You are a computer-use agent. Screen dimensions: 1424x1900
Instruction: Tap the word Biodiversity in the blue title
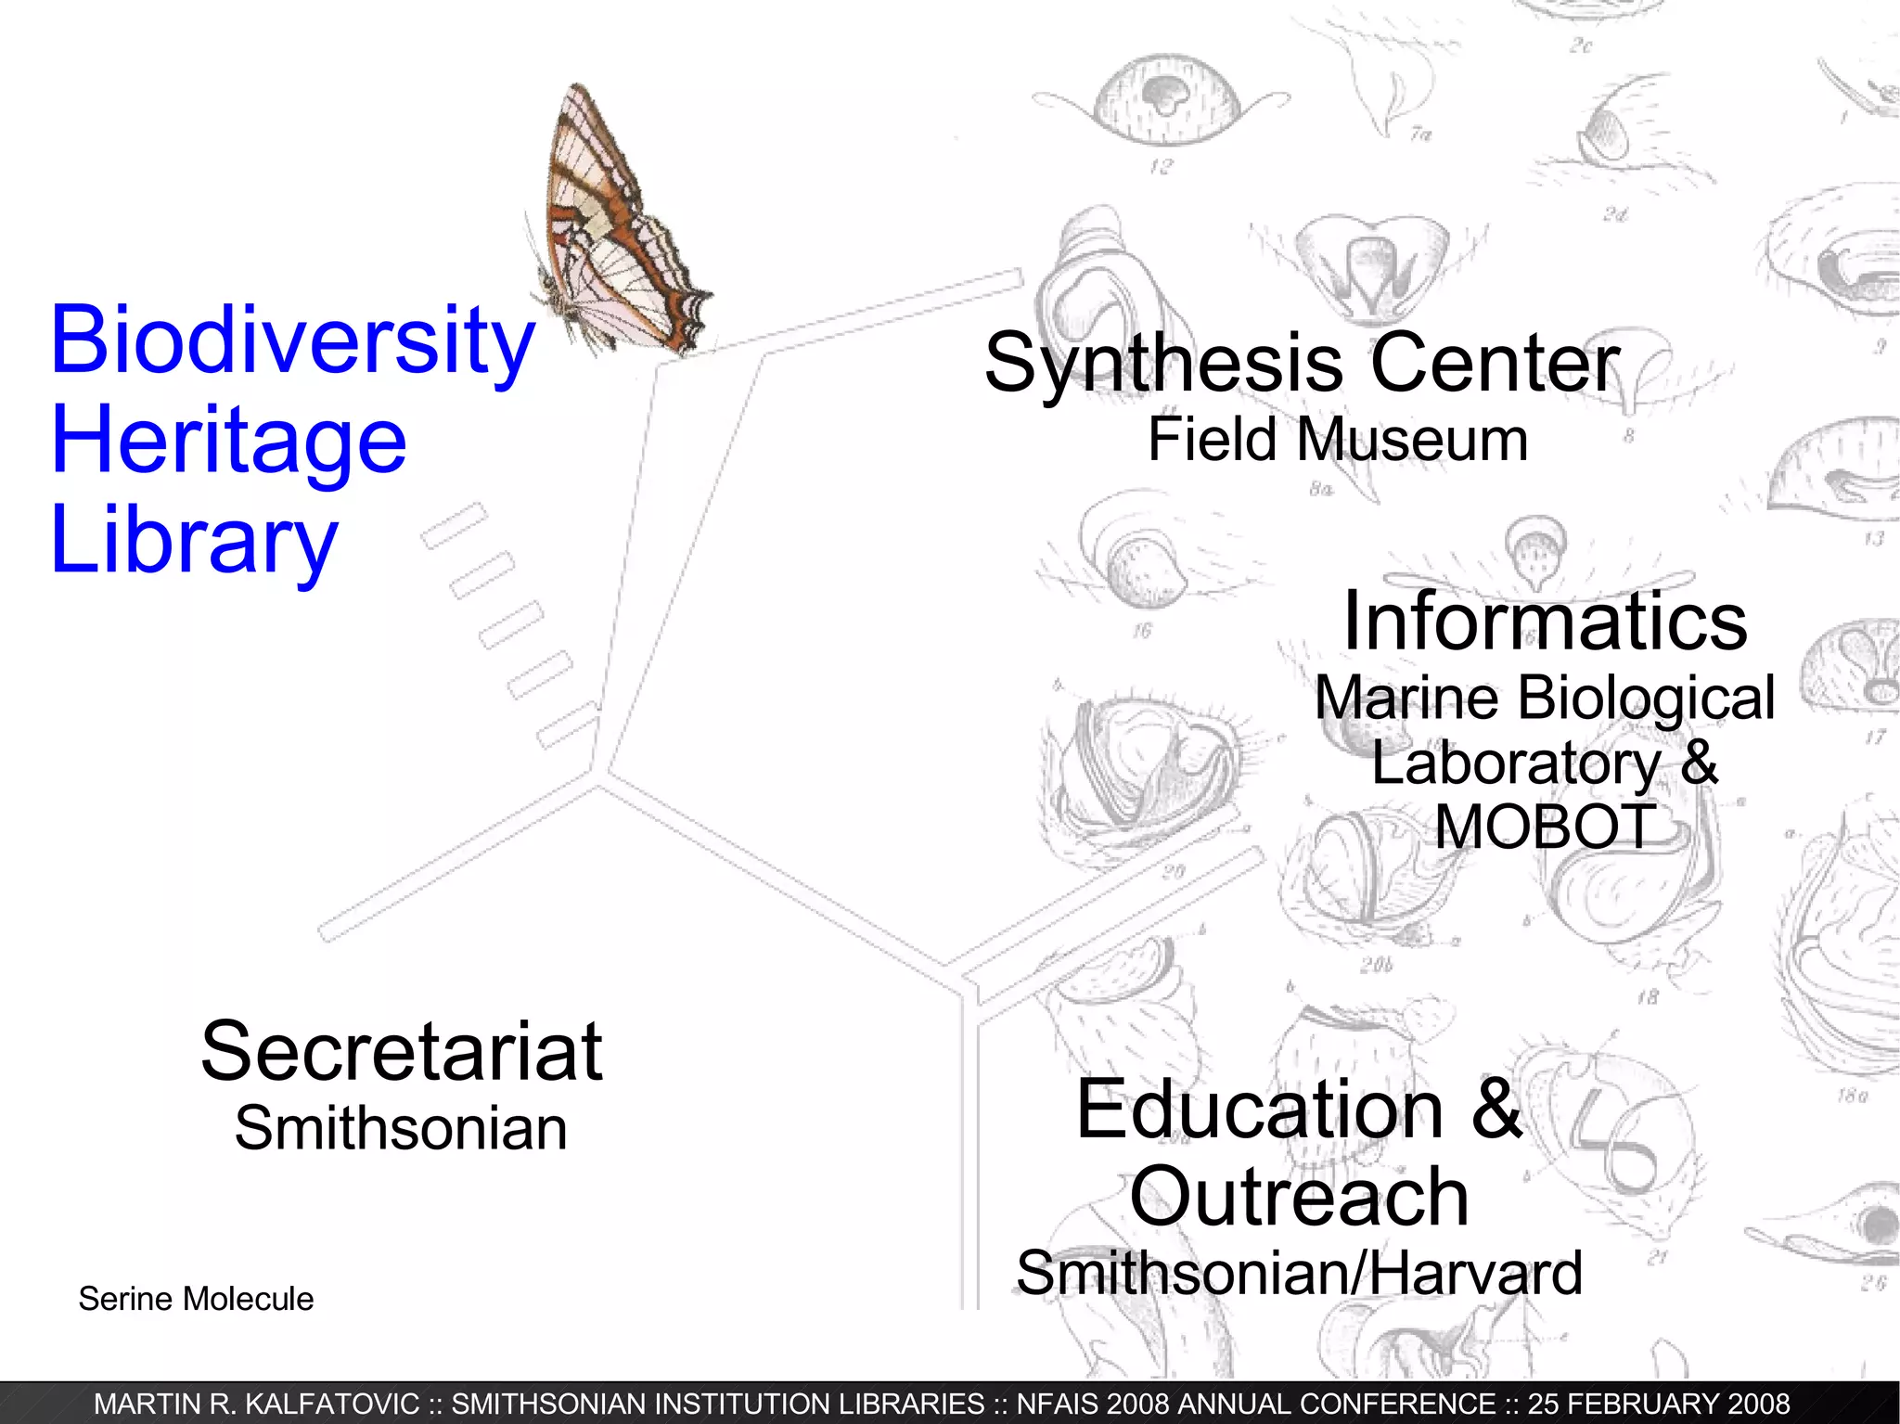click(x=292, y=341)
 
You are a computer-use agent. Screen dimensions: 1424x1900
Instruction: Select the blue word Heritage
click(x=228, y=442)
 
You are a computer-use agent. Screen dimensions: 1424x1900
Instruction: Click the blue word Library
click(x=194, y=541)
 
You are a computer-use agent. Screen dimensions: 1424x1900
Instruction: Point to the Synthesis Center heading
click(x=1301, y=363)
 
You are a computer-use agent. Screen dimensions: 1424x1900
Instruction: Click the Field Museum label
click(x=1337, y=440)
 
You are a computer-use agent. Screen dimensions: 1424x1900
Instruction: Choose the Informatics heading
click(x=1545, y=622)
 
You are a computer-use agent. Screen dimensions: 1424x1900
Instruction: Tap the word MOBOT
click(x=1545, y=827)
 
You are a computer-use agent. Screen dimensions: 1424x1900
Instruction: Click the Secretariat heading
click(x=402, y=1052)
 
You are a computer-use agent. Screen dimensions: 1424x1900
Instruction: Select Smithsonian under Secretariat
click(x=401, y=1129)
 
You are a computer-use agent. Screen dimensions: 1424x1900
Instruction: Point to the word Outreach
click(x=1299, y=1198)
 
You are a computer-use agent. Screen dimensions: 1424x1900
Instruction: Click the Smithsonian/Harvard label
click(x=1299, y=1274)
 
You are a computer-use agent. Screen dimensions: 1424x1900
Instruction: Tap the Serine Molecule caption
click(x=196, y=1299)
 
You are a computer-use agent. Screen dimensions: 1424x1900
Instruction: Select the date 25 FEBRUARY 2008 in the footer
click(x=1659, y=1405)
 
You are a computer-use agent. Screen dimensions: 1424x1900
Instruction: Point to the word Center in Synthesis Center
click(x=1495, y=363)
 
